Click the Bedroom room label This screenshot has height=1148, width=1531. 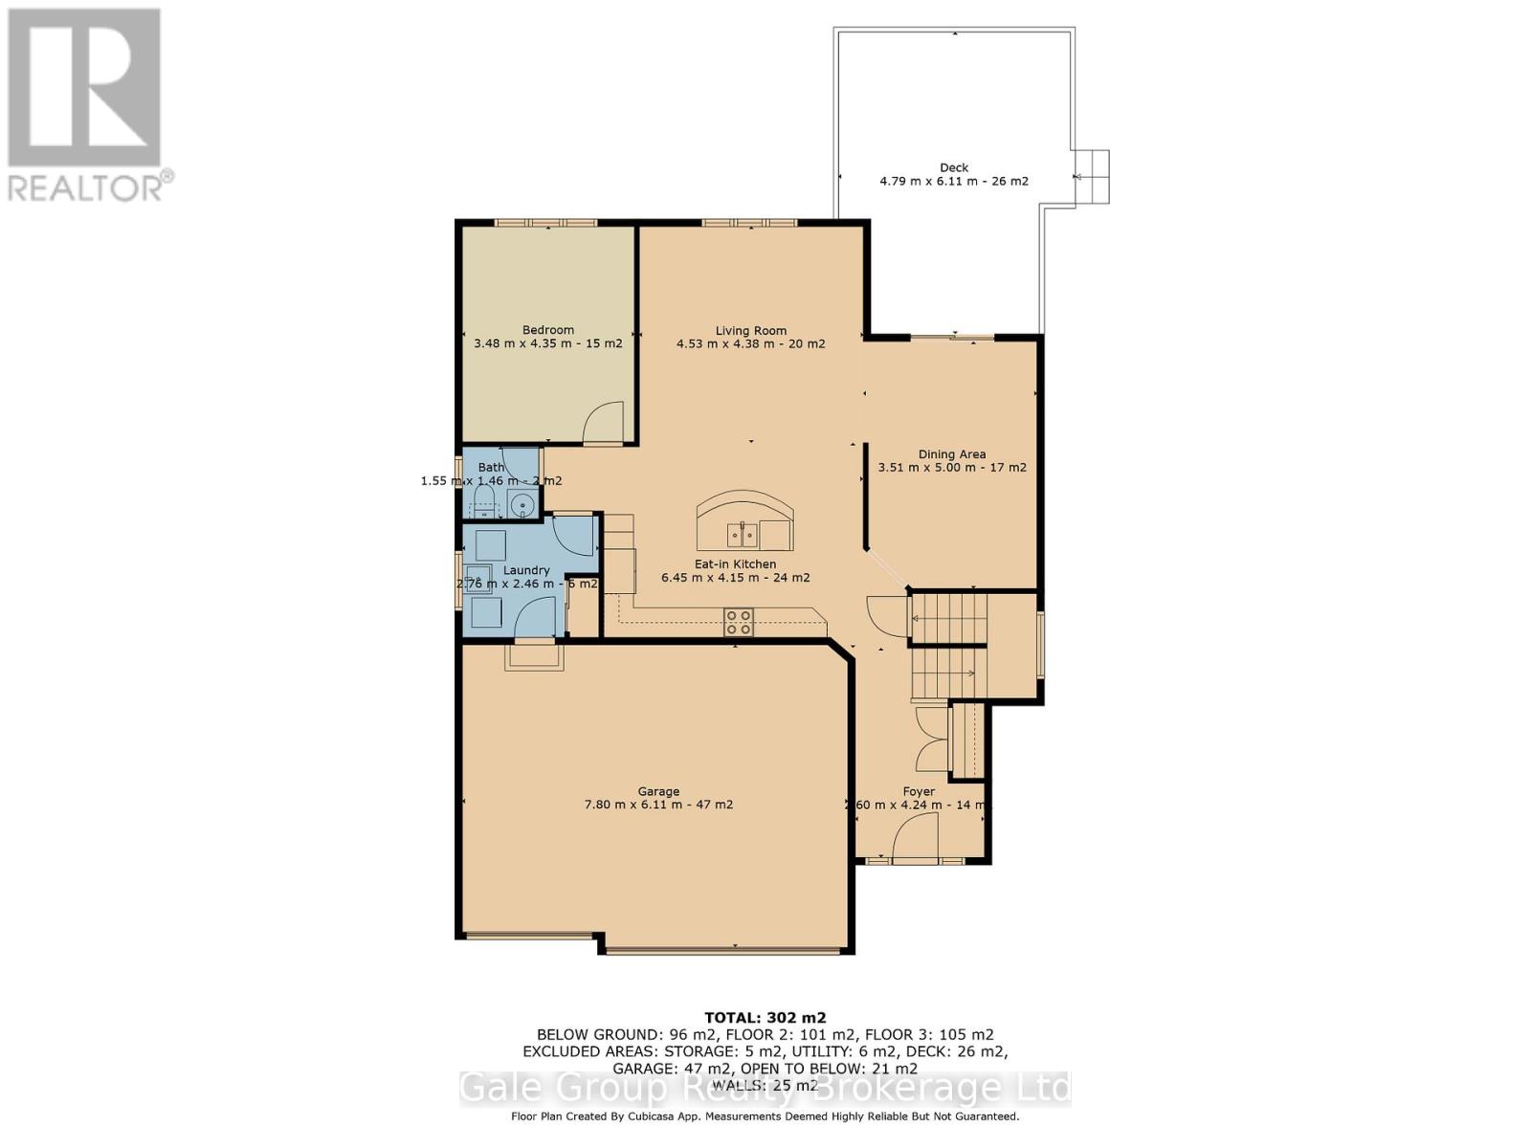[x=548, y=330]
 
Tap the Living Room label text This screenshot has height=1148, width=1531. [x=750, y=331]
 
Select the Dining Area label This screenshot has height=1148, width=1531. [x=951, y=454]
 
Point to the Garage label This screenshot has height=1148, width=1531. [x=658, y=791]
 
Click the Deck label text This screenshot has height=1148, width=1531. [x=953, y=167]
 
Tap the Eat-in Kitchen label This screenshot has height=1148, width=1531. [x=735, y=564]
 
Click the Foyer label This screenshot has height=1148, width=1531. [x=919, y=791]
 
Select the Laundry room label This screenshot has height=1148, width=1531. [x=526, y=570]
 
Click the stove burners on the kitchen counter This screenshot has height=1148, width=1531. [x=738, y=622]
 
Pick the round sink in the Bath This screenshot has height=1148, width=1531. [x=521, y=505]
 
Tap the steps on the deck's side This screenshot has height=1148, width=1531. [x=1090, y=177]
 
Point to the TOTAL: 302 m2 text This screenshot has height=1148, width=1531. [x=765, y=1017]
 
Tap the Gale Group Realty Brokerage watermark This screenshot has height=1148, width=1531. [x=765, y=1088]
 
